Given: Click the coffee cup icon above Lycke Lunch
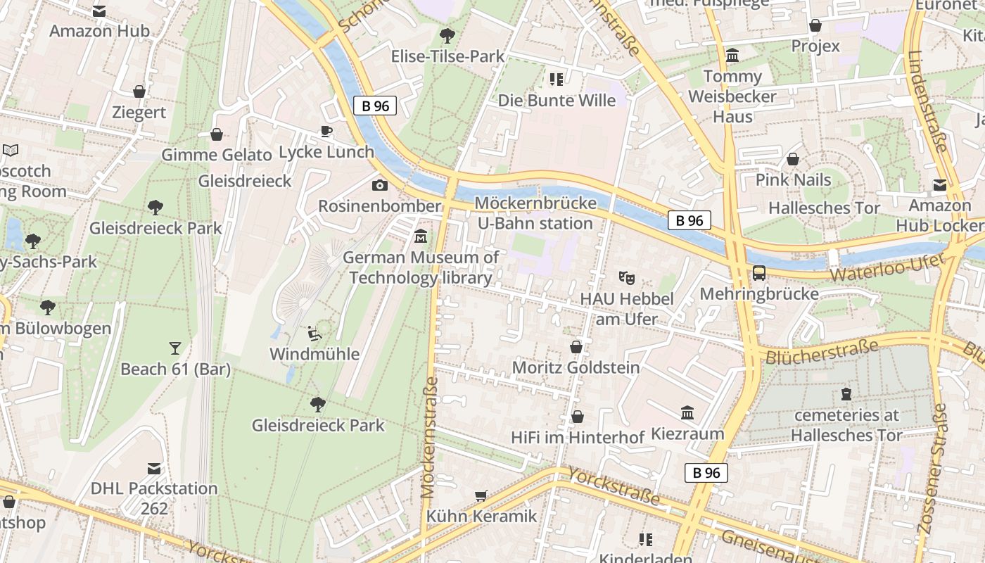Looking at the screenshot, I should [326, 131].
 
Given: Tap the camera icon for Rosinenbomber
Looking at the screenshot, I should [380, 185].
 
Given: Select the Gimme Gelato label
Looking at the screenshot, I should [217, 155].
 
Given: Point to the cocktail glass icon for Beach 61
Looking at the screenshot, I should [174, 348].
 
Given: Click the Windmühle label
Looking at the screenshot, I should [314, 354].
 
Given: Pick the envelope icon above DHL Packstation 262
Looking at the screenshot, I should [154, 469].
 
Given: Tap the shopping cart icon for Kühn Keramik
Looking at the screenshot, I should [481, 495].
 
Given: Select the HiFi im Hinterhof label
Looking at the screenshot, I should [578, 438].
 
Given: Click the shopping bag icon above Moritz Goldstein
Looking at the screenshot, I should [576, 347].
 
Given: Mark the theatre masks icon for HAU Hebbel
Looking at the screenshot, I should [626, 278].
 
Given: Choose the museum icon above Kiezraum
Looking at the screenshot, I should [687, 413].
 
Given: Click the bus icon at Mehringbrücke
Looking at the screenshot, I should [759, 273].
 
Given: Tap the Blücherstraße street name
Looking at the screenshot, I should [821, 352].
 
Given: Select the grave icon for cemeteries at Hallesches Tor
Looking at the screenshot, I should [846, 394].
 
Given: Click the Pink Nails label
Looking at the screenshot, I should [793, 180].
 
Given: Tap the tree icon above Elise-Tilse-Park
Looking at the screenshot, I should [447, 35].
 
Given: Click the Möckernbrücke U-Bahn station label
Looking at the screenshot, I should [535, 213].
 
